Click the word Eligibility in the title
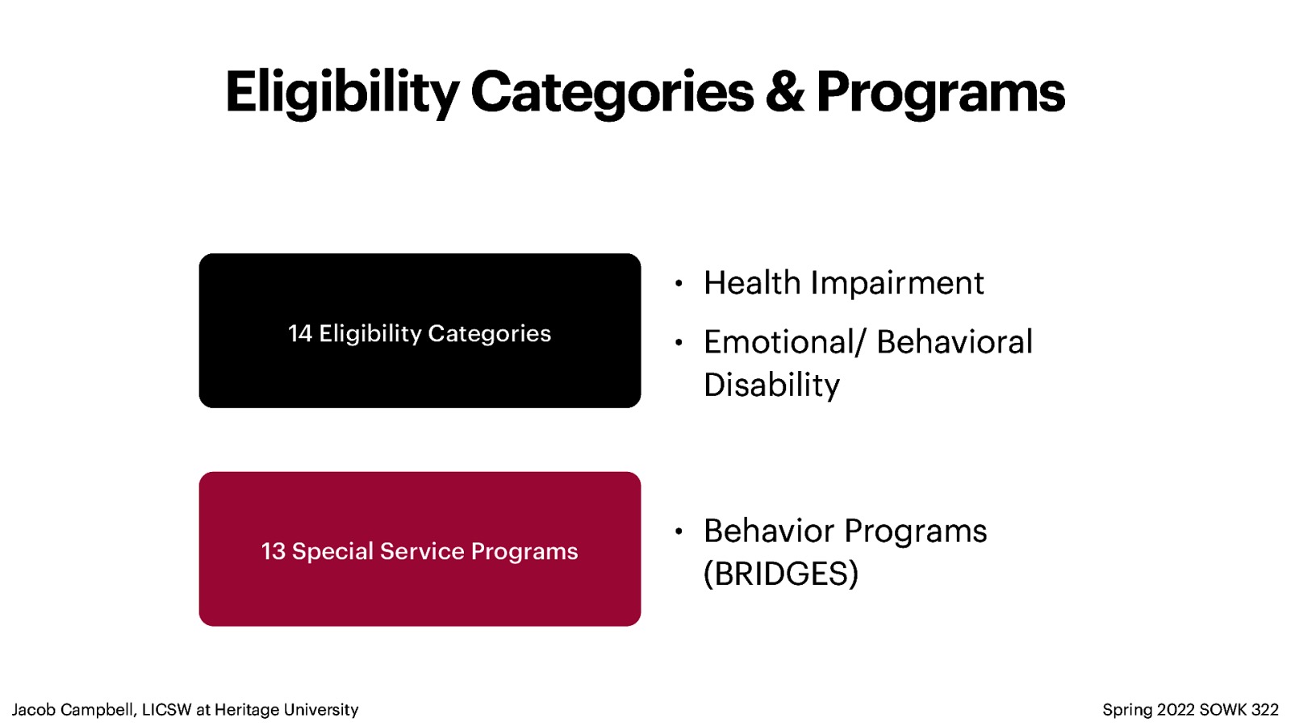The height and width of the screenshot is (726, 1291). (341, 93)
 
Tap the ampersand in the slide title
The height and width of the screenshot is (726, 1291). (784, 92)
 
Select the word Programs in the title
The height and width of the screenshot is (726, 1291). (940, 93)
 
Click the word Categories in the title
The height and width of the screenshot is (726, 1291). (612, 93)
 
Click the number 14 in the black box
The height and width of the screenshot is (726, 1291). (299, 333)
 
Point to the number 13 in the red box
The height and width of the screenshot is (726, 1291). (273, 551)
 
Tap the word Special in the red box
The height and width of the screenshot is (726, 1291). (332, 551)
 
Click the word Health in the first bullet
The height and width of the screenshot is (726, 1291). (751, 283)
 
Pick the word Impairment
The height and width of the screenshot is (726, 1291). (896, 283)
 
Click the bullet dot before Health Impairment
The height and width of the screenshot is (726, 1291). (679, 283)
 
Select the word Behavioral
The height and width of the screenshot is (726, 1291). (954, 342)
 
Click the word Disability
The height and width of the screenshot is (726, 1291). (771, 385)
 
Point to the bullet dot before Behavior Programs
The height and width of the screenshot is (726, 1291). (679, 531)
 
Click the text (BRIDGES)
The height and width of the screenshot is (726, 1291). (780, 574)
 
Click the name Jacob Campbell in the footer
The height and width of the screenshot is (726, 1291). (73, 710)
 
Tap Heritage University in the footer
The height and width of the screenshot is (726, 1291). (286, 710)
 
